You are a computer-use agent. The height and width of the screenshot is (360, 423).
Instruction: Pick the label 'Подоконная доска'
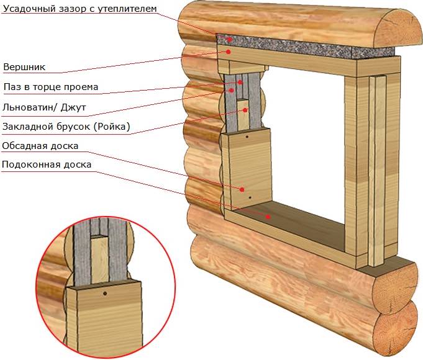click(47, 165)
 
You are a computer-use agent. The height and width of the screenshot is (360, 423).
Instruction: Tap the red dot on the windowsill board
click(268, 217)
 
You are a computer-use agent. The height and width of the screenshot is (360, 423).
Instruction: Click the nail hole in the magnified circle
click(105, 292)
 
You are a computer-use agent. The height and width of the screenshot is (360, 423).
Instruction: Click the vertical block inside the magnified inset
click(101, 258)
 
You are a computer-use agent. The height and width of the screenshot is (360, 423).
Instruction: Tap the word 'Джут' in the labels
click(74, 107)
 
